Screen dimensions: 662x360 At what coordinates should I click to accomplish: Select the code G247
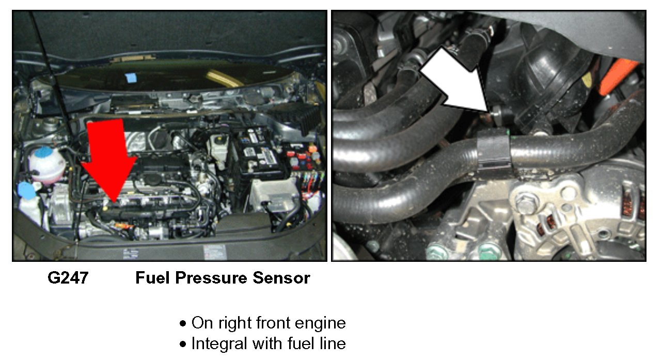68,278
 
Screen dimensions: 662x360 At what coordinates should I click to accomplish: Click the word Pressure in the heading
211,278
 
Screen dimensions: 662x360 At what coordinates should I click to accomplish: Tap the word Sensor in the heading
281,278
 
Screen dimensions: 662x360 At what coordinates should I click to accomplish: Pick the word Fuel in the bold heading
153,278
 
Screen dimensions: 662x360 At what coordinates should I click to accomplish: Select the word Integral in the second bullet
219,343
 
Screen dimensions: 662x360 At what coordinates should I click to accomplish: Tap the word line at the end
333,343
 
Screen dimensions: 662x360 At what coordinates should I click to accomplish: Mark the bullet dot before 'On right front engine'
183,323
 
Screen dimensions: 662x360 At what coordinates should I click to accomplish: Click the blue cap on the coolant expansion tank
43,151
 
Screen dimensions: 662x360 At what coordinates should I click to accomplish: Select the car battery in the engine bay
260,154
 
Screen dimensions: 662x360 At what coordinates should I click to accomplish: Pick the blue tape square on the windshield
130,78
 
